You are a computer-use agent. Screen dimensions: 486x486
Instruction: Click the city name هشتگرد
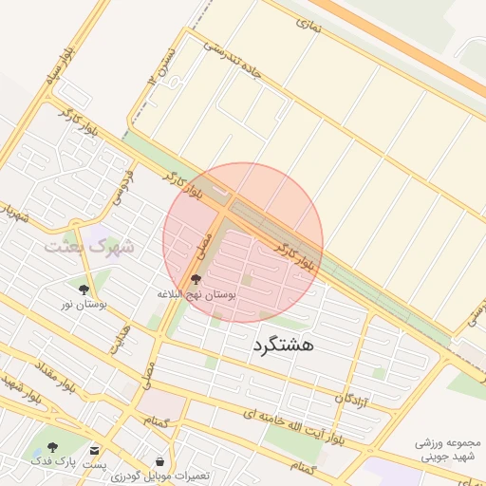[x=283, y=346]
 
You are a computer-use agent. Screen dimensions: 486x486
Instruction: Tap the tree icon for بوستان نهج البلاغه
[x=196, y=279]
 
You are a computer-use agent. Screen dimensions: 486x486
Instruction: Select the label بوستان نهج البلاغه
[x=196, y=294]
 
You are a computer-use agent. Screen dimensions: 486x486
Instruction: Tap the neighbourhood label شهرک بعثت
[x=88, y=246]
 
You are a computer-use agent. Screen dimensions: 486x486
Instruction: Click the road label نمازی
[x=308, y=26]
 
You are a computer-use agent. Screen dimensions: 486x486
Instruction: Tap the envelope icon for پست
[x=94, y=449]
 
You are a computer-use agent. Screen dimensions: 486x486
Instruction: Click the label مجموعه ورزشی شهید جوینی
[x=449, y=449]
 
